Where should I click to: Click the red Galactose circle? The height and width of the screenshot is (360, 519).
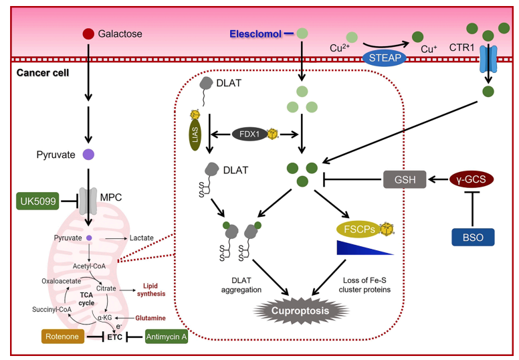[88, 33]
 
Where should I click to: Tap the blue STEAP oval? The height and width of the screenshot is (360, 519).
[384, 58]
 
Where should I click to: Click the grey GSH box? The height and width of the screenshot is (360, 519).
[404, 179]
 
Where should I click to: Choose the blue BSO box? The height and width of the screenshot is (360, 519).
[472, 237]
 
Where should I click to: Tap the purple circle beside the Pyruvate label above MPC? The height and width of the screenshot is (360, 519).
[88, 155]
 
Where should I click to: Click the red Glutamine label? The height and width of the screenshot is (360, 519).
[151, 319]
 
